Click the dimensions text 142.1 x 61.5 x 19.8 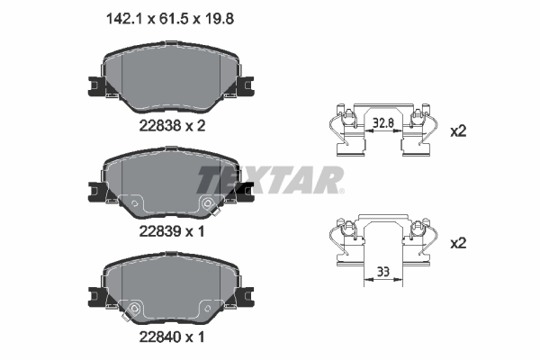171,14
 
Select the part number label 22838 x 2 171,126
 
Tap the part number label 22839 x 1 171,230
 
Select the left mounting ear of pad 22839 94,190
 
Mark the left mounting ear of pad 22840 94,295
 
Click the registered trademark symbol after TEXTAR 341,190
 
